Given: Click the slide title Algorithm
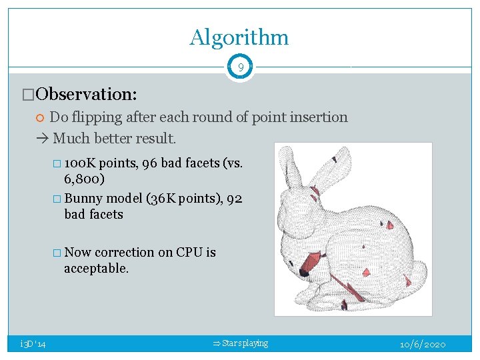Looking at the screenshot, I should pyautogui.click(x=239, y=37).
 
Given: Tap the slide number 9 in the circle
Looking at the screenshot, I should pyautogui.click(x=240, y=67).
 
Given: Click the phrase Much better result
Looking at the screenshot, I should pyautogui.click(x=114, y=139).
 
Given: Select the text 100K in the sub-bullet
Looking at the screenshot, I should pyautogui.click(x=81, y=163).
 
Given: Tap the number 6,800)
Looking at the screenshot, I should pyautogui.click(x=86, y=179).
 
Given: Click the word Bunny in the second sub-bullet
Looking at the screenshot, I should pyautogui.click(x=83, y=199).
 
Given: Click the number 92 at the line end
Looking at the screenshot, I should pyautogui.click(x=235, y=199).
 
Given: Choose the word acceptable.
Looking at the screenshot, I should pyautogui.click(x=95, y=268).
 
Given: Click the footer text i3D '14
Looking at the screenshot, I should pyautogui.click(x=33, y=344).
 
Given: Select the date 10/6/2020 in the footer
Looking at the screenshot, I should pyautogui.click(x=423, y=344).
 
